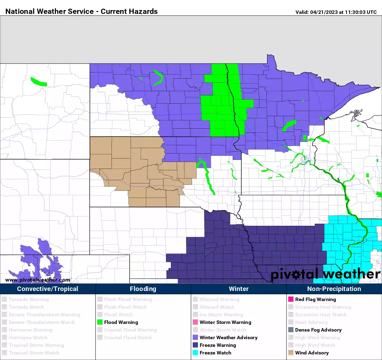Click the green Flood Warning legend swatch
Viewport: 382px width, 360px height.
(x=100, y=322)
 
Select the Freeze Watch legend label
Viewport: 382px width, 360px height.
(x=215, y=353)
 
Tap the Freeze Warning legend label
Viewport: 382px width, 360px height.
(x=218, y=345)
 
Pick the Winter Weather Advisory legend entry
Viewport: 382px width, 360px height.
(x=229, y=337)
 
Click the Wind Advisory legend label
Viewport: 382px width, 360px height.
(x=312, y=353)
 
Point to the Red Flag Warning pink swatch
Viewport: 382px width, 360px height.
(x=291, y=299)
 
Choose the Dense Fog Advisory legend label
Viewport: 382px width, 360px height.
(x=318, y=330)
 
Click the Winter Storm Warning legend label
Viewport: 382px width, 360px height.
(x=225, y=322)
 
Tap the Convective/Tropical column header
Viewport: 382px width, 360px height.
(x=48, y=289)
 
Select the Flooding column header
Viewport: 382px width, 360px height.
(x=143, y=289)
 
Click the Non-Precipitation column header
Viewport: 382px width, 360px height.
(x=334, y=289)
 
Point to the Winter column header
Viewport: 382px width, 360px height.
(x=239, y=289)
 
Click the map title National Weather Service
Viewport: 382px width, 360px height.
(x=82, y=11)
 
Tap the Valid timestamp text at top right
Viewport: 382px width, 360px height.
(x=336, y=12)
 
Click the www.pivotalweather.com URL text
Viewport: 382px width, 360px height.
(x=38, y=280)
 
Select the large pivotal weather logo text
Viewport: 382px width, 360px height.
(x=325, y=274)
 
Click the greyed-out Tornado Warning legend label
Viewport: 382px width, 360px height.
(x=29, y=299)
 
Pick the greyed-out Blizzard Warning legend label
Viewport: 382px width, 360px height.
(x=219, y=299)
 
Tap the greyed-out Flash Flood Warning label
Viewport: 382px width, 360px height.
(x=128, y=299)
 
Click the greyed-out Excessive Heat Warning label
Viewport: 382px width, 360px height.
(x=323, y=307)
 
